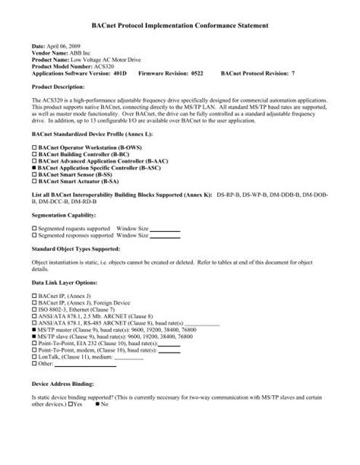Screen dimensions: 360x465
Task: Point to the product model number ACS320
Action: (109, 67)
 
